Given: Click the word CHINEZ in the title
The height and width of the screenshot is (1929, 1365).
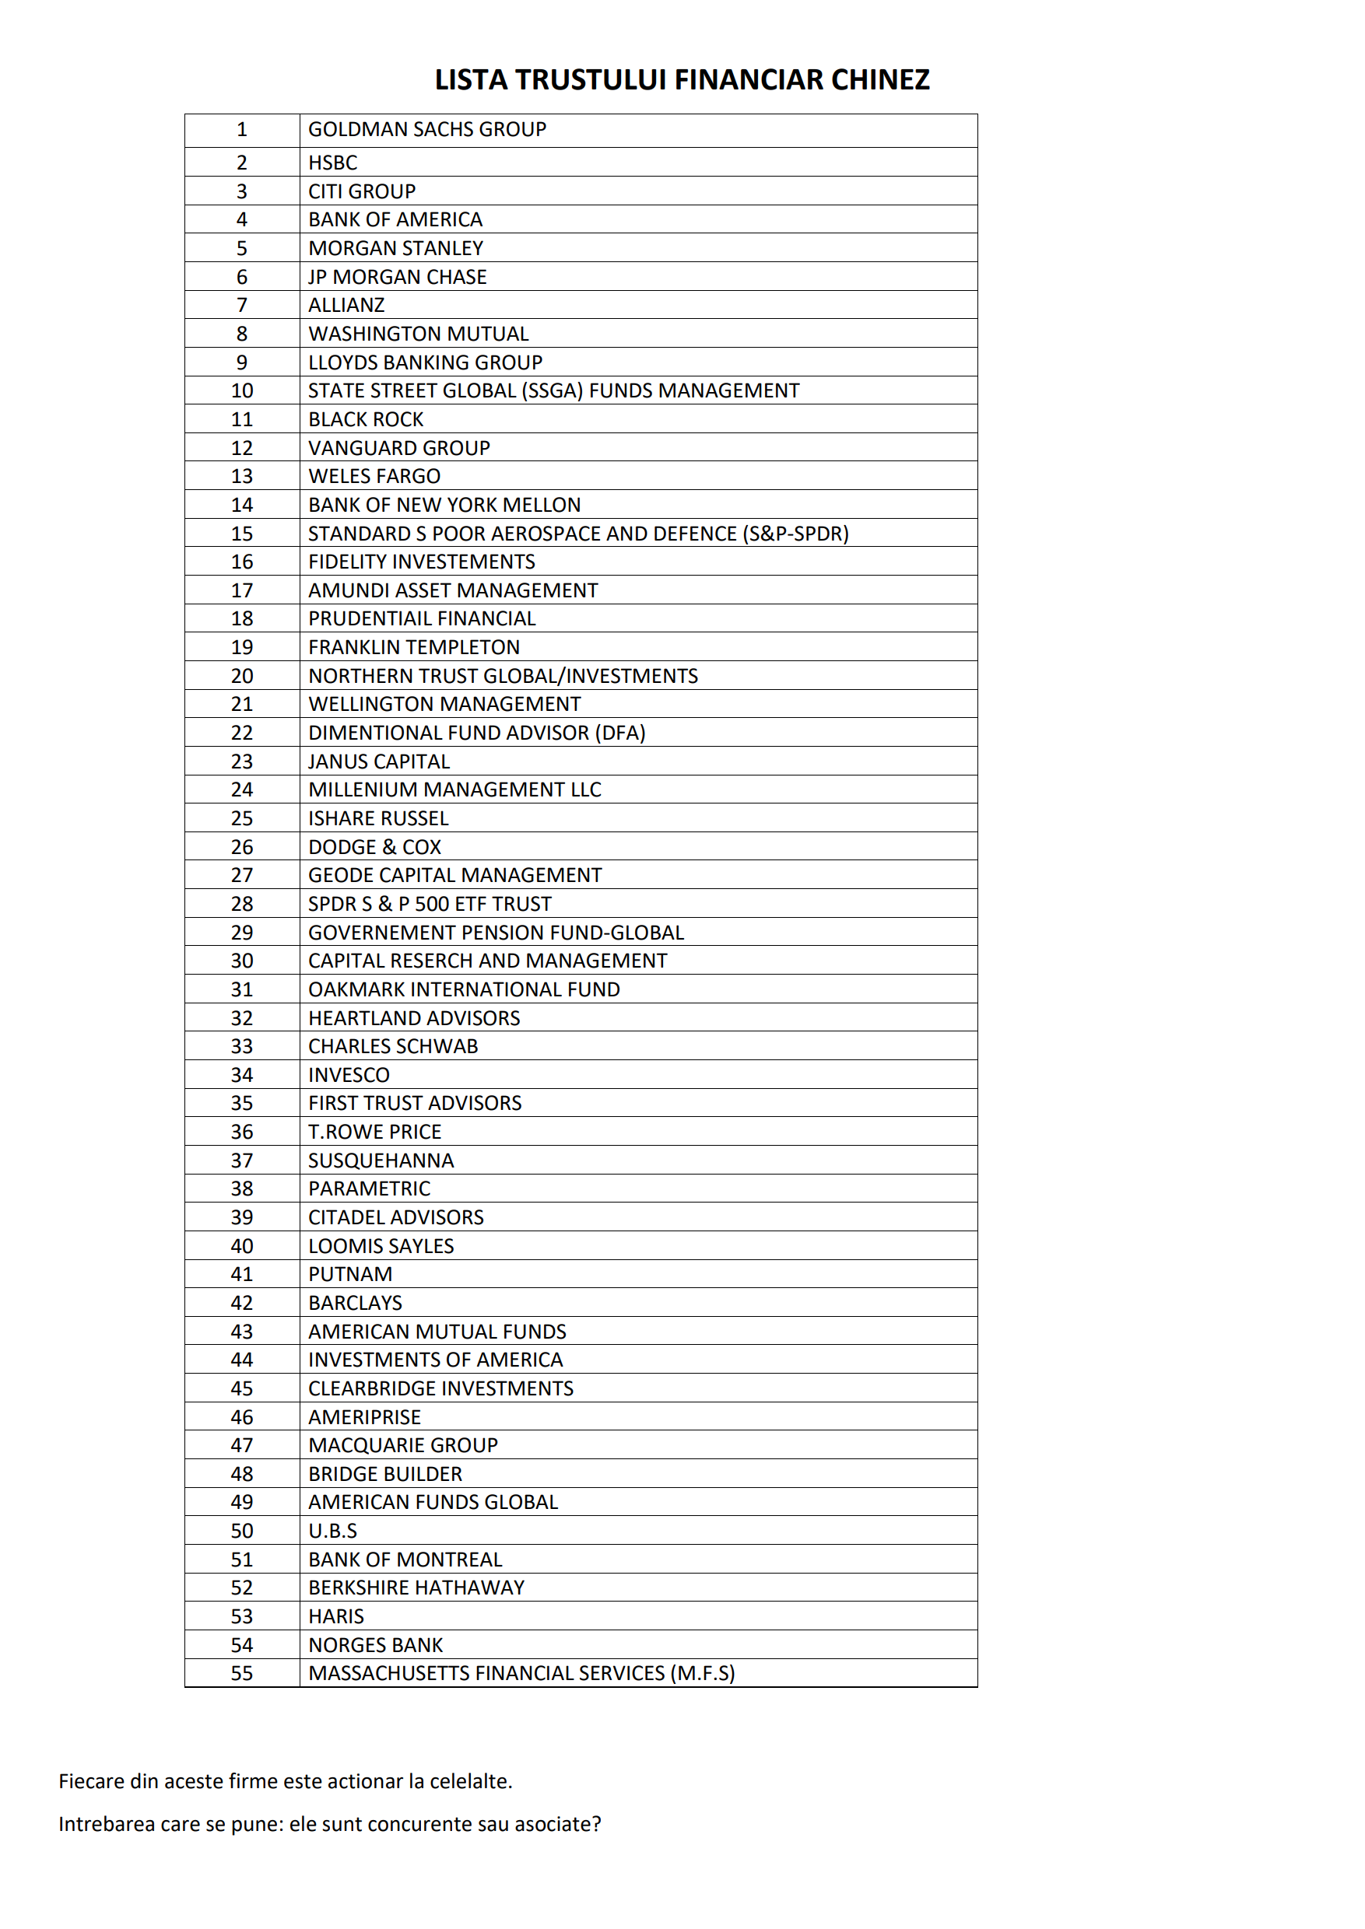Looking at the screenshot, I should click(x=880, y=80).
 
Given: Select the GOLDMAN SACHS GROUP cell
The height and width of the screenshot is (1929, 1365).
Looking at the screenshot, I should click(x=427, y=129).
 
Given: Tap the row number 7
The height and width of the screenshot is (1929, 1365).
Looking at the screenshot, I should click(x=242, y=305).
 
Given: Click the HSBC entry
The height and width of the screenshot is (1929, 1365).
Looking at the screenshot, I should click(x=333, y=163).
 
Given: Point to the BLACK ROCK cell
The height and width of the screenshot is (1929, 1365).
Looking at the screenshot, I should click(x=366, y=419).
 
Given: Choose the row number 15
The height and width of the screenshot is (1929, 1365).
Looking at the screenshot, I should click(x=242, y=534).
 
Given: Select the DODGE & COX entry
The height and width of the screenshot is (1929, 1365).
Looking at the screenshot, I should click(x=375, y=847).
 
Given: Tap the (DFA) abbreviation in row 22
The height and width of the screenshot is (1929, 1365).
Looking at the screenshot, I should click(x=620, y=733).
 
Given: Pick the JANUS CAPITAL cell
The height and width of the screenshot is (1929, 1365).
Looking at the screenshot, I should click(x=379, y=761).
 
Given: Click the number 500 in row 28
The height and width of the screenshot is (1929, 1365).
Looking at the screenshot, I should click(x=432, y=904).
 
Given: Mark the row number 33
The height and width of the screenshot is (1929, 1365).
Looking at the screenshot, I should click(x=242, y=1046).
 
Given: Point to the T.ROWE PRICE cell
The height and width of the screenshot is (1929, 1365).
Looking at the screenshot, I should click(x=375, y=1132).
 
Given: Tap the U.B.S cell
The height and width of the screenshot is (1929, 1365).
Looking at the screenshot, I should click(x=333, y=1531).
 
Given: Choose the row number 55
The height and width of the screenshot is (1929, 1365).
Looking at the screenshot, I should click(x=242, y=1673).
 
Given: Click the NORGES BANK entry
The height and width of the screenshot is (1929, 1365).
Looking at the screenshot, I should click(x=376, y=1645).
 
